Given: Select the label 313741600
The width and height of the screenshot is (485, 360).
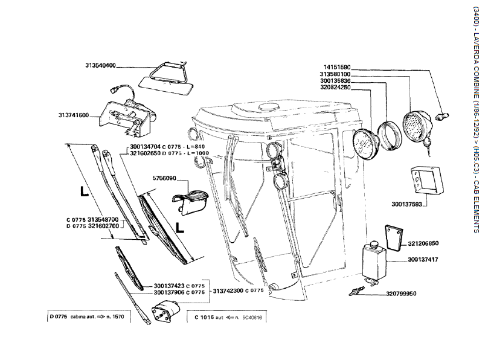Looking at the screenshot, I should pyautogui.click(x=74, y=115).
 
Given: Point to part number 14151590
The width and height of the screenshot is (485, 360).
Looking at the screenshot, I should pyautogui.click(x=337, y=67).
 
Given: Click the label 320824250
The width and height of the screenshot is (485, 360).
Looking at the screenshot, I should pyautogui.click(x=337, y=87).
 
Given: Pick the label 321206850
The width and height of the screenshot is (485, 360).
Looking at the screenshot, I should pyautogui.click(x=423, y=243).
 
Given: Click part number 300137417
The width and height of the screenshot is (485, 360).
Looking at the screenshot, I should pyautogui.click(x=423, y=260).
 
